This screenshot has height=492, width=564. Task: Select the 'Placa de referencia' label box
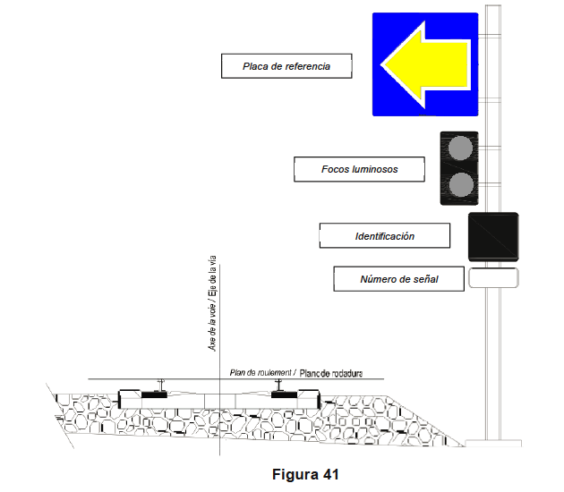[x=286, y=66]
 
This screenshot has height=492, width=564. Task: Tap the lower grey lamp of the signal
[x=459, y=184]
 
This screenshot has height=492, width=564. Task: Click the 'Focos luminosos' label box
[x=359, y=168]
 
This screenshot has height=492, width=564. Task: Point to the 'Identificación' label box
[x=384, y=236]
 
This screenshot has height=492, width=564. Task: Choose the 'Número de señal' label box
[x=398, y=279]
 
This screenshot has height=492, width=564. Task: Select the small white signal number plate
[x=492, y=277]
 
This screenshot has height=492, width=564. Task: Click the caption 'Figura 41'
[x=305, y=474]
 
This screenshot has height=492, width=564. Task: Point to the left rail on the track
[x=160, y=386]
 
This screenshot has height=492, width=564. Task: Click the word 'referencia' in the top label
[x=303, y=66]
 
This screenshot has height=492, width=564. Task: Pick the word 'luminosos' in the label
[x=376, y=168]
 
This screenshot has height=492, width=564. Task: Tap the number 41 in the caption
[x=327, y=474]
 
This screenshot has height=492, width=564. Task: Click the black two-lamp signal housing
[x=458, y=168]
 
